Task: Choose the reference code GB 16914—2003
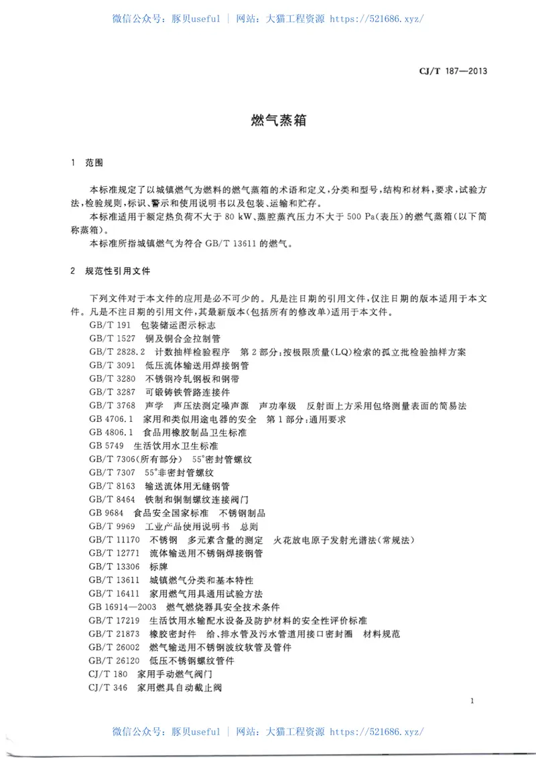pyautogui.click(x=122, y=607)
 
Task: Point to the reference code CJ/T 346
pyautogui.click(x=108, y=688)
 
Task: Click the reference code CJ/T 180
pyautogui.click(x=108, y=674)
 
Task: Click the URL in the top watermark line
pyautogui.click(x=377, y=19)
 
